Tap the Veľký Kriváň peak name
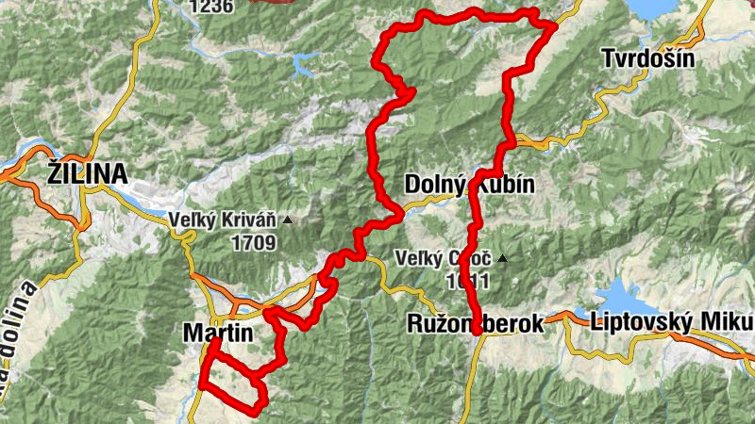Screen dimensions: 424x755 [x=223, y=221]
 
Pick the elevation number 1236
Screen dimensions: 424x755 [x=210, y=7]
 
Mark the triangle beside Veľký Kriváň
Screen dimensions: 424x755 [x=288, y=220]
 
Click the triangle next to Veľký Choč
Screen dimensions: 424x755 [x=503, y=257]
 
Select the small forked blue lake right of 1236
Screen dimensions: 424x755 [x=304, y=64]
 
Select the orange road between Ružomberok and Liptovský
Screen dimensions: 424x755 [x=564, y=318]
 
